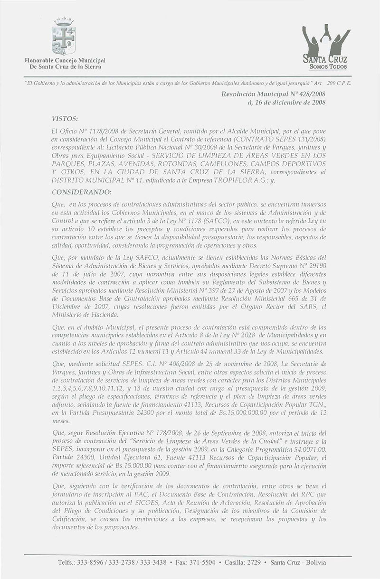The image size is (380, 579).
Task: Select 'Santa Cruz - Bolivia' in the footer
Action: pos(297,562)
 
